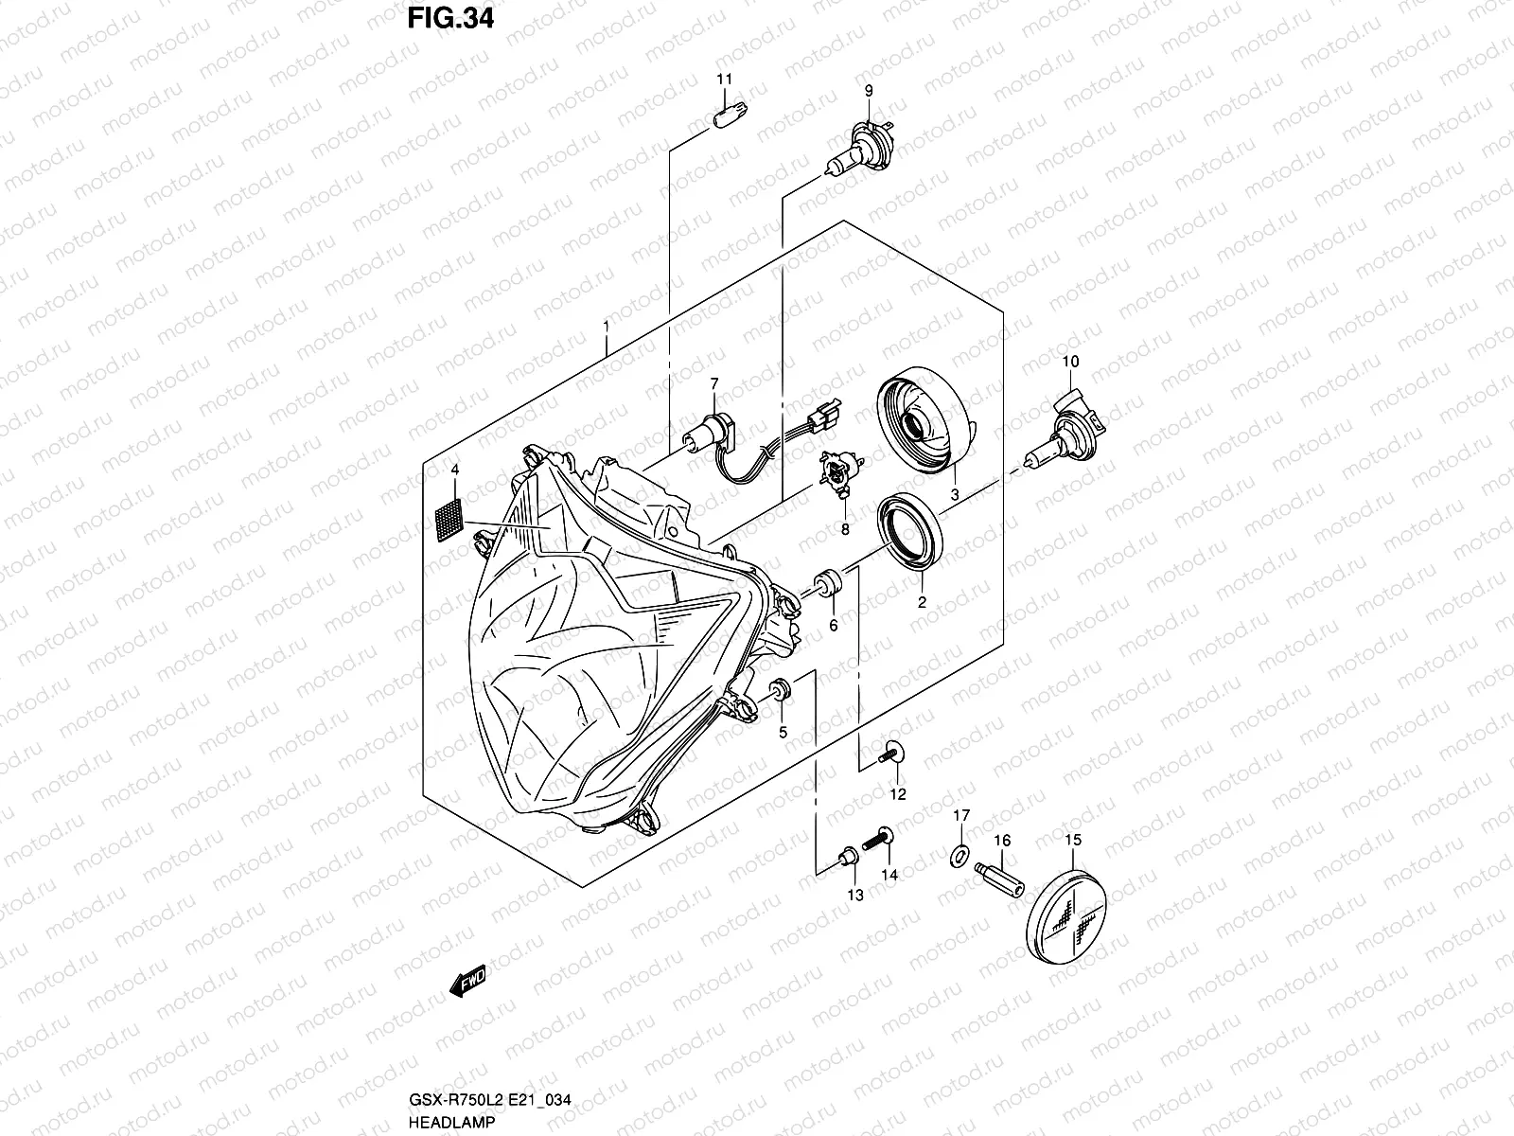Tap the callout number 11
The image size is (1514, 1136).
pyautogui.click(x=722, y=79)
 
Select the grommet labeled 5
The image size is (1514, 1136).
pyautogui.click(x=781, y=693)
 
